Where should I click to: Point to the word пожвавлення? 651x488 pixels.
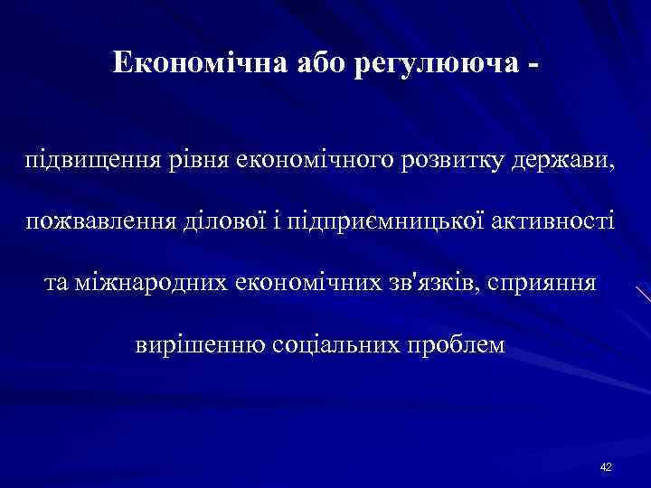click(x=97, y=222)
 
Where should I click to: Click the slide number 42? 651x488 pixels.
click(x=606, y=466)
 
